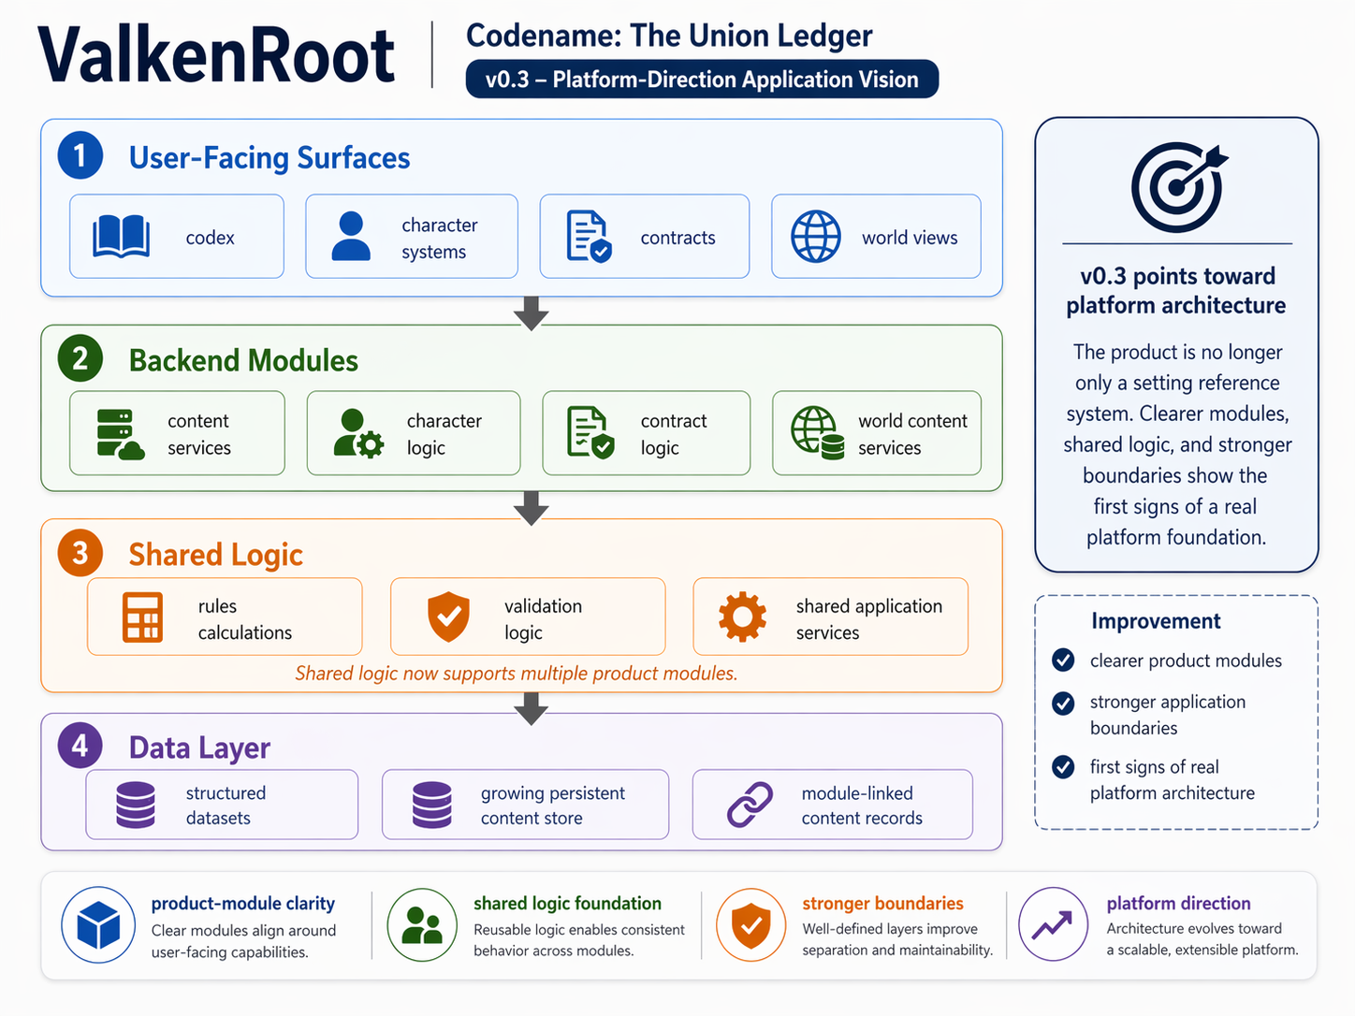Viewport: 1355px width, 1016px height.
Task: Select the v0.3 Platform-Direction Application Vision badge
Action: pyautogui.click(x=701, y=80)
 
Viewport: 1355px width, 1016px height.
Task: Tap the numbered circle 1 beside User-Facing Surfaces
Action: pyautogui.click(x=80, y=155)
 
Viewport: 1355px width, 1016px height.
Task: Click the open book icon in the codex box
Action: pyautogui.click(x=121, y=237)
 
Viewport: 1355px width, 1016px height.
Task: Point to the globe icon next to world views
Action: pyautogui.click(x=815, y=237)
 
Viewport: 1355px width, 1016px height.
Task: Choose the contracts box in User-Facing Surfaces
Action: pyautogui.click(x=644, y=237)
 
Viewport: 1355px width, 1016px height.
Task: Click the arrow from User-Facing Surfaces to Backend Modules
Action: pyautogui.click(x=531, y=312)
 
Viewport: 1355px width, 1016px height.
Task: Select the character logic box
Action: pyautogui.click(x=413, y=433)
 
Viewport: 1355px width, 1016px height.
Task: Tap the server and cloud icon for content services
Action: pyautogui.click(x=120, y=434)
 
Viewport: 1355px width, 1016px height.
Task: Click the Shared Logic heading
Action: pyautogui.click(x=215, y=555)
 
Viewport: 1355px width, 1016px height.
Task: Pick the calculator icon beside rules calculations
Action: pyautogui.click(x=142, y=617)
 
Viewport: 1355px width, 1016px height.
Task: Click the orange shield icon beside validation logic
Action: pyautogui.click(x=448, y=617)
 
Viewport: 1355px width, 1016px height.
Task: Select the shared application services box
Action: pyautogui.click(x=830, y=617)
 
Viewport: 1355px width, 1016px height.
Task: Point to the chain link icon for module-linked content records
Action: pyautogui.click(x=750, y=805)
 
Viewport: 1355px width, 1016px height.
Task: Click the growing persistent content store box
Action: pyautogui.click(x=525, y=805)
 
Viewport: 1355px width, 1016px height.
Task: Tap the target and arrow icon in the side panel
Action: pyautogui.click(x=1177, y=187)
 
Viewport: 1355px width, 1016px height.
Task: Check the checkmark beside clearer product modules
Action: pyautogui.click(x=1063, y=660)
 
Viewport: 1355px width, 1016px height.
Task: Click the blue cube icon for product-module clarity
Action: pyautogui.click(x=98, y=925)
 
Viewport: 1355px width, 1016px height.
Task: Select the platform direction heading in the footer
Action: pyautogui.click(x=1178, y=904)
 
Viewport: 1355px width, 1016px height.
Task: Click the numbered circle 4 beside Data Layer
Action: pyautogui.click(x=80, y=746)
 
